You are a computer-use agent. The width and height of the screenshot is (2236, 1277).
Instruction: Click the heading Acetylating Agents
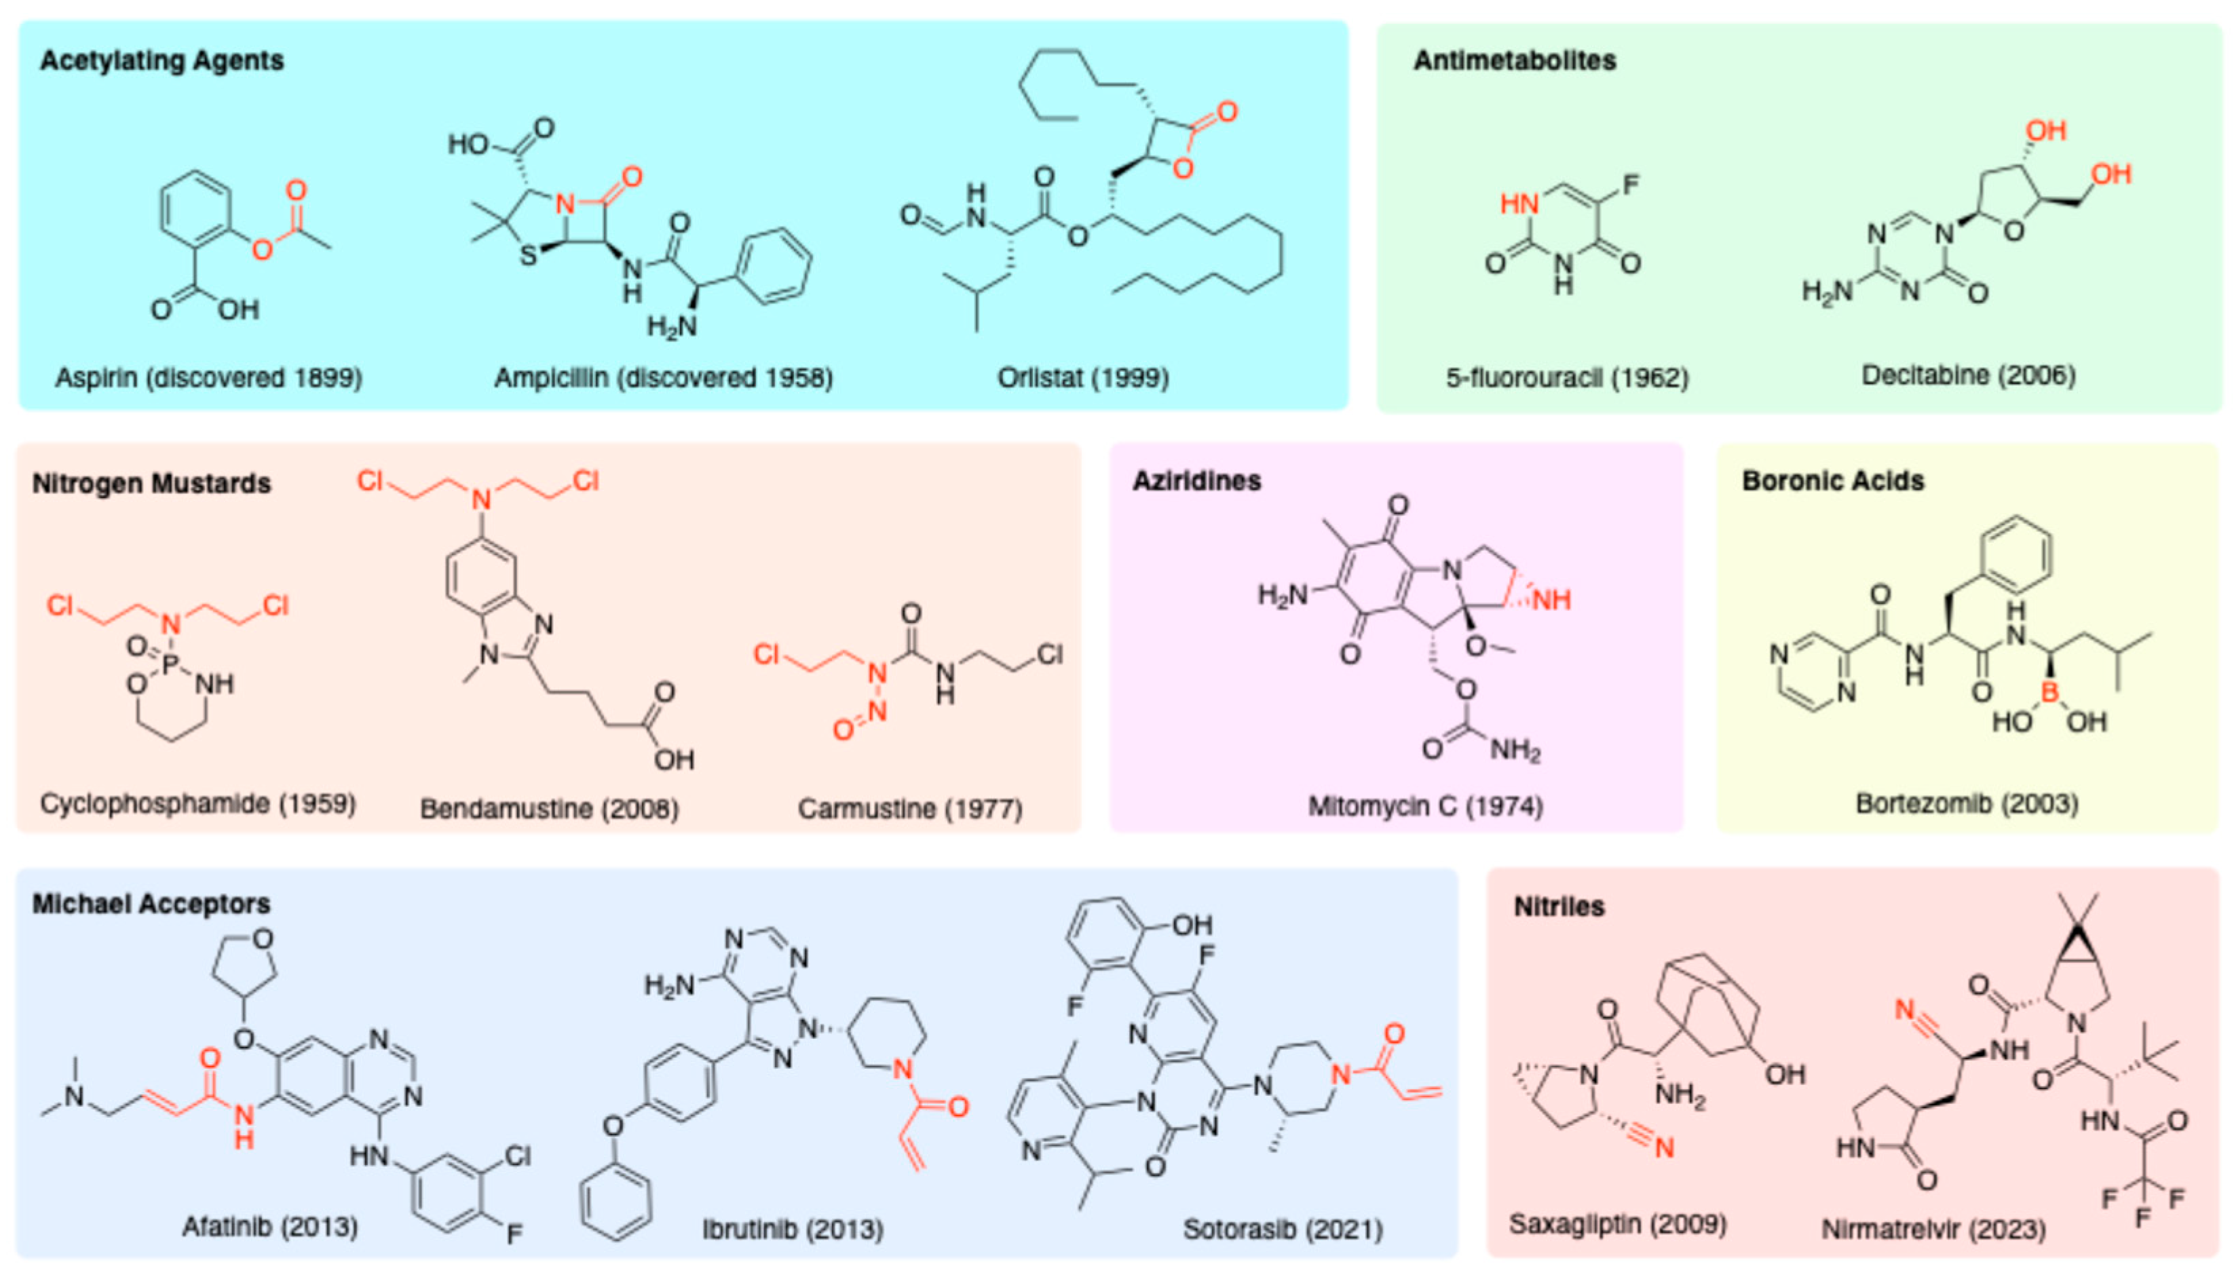162,60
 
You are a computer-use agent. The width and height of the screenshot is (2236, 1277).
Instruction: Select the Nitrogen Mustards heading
152,483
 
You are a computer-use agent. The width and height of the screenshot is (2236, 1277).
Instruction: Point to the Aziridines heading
1196,480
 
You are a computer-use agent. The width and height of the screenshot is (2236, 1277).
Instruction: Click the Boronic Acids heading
1833,480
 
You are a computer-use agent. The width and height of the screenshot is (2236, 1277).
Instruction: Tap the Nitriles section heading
1559,906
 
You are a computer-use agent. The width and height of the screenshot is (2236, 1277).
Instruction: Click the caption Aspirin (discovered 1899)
209,378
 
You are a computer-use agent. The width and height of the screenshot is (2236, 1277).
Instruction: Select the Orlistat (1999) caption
1083,378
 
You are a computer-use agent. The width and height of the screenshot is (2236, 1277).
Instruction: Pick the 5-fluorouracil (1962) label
1567,378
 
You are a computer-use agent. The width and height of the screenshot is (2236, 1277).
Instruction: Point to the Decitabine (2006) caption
1969,375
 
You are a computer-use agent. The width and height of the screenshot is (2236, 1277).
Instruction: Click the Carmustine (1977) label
909,807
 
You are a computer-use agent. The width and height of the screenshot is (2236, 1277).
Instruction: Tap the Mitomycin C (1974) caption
1425,805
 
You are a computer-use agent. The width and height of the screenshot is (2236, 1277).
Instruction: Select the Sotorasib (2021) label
1283,1229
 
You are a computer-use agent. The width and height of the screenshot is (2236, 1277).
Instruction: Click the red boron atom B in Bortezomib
2049,692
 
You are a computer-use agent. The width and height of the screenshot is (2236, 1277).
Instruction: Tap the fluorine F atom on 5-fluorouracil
1630,185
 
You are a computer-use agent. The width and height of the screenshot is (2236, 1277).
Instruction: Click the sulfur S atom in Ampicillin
527,256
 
